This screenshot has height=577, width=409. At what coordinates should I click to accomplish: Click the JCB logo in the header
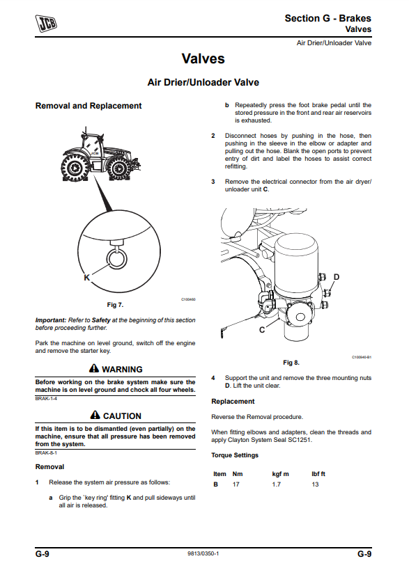point(46,23)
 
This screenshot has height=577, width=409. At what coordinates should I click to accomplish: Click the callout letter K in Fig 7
point(86,278)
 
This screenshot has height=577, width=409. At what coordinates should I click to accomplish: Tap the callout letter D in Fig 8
point(336,277)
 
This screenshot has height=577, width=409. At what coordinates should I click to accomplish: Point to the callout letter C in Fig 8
point(262,330)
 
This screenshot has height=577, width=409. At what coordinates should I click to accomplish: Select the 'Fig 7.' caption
point(115,305)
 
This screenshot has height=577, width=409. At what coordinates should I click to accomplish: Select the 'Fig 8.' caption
point(291,363)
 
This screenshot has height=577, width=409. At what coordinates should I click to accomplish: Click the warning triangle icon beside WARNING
point(94,368)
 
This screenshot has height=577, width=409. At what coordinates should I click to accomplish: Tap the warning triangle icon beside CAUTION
point(95,415)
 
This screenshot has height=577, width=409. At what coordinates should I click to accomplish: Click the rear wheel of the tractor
point(74,168)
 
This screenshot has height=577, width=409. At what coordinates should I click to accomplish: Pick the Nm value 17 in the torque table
point(236,484)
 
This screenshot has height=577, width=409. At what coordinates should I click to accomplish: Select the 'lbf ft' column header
point(318,474)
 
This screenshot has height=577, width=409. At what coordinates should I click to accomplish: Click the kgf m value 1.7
point(277,484)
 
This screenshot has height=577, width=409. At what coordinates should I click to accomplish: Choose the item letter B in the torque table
point(215,484)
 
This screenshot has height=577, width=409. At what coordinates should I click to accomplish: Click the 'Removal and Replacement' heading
point(88,106)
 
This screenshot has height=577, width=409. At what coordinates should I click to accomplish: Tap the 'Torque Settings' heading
point(235,455)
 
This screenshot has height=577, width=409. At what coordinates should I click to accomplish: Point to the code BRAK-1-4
point(46,399)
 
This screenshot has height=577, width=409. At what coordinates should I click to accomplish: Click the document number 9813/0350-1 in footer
point(203,553)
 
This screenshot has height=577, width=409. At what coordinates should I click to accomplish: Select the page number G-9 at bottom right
point(364,554)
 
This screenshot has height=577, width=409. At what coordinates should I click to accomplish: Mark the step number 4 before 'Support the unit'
point(213,378)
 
